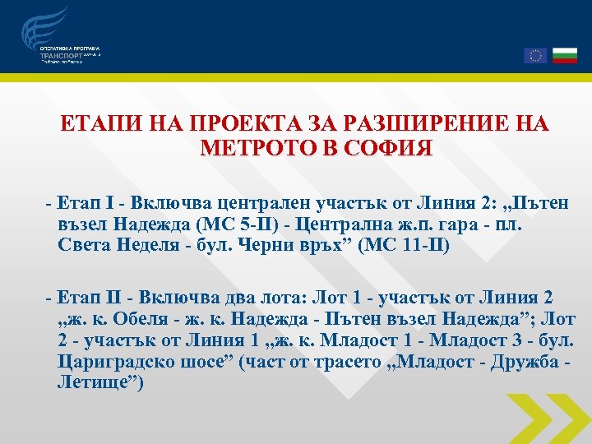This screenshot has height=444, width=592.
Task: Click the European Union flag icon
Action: pyautogui.click(x=534, y=55)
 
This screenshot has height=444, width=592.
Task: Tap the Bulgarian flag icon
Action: pyautogui.click(x=564, y=55)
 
